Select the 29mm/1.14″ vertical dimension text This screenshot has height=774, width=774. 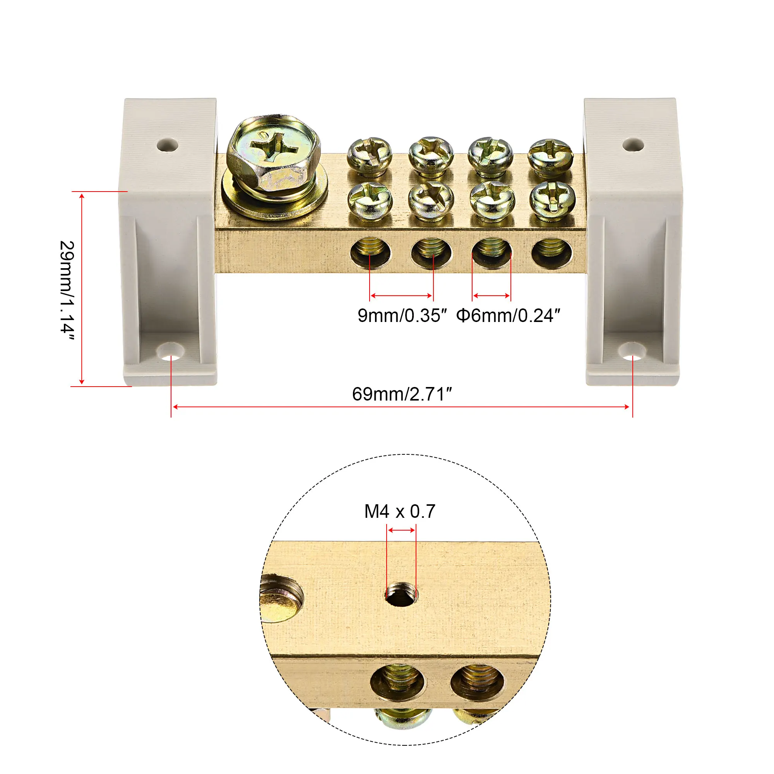67,291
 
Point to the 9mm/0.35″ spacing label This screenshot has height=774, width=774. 402,315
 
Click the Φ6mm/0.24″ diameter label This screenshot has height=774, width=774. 508,315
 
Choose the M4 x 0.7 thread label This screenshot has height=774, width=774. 400,512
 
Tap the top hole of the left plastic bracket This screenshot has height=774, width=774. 167,145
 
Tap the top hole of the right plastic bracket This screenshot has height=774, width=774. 633,144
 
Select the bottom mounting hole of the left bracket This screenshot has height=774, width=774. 171,352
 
